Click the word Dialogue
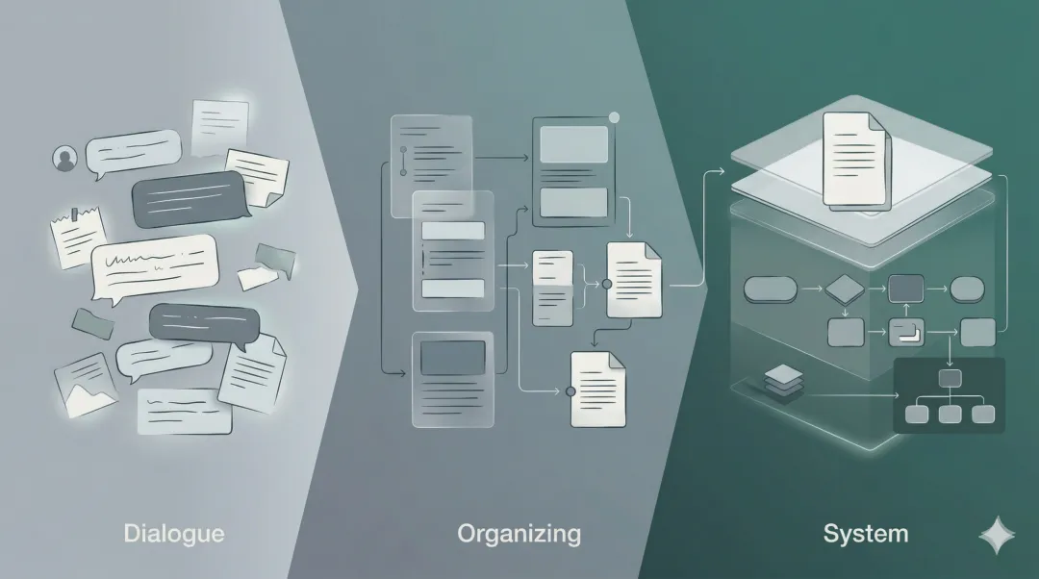173,533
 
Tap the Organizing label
519,533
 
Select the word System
865,533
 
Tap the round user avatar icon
65,159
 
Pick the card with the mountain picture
86,381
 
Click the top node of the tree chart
950,378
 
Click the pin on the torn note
73,212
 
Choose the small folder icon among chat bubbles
92,324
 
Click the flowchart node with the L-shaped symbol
905,332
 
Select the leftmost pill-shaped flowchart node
771,288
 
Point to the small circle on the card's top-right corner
614,118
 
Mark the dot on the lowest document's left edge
570,390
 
